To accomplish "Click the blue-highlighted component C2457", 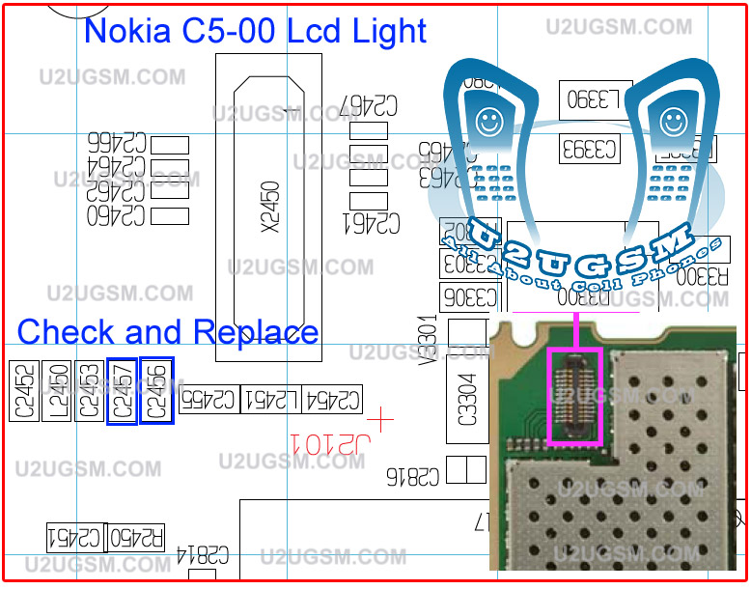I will click(x=122, y=390).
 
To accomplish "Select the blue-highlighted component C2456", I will click(x=156, y=390).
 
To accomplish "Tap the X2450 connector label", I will click(x=270, y=207).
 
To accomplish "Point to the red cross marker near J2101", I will click(x=382, y=420).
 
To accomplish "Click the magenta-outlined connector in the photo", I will click(x=575, y=396).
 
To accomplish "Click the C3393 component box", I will click(x=591, y=149).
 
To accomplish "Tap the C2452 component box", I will click(x=24, y=391).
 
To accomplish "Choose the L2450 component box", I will click(x=57, y=391).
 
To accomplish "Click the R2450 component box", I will click(x=137, y=536).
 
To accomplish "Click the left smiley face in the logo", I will click(x=488, y=121).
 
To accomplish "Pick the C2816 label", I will click(x=413, y=475).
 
